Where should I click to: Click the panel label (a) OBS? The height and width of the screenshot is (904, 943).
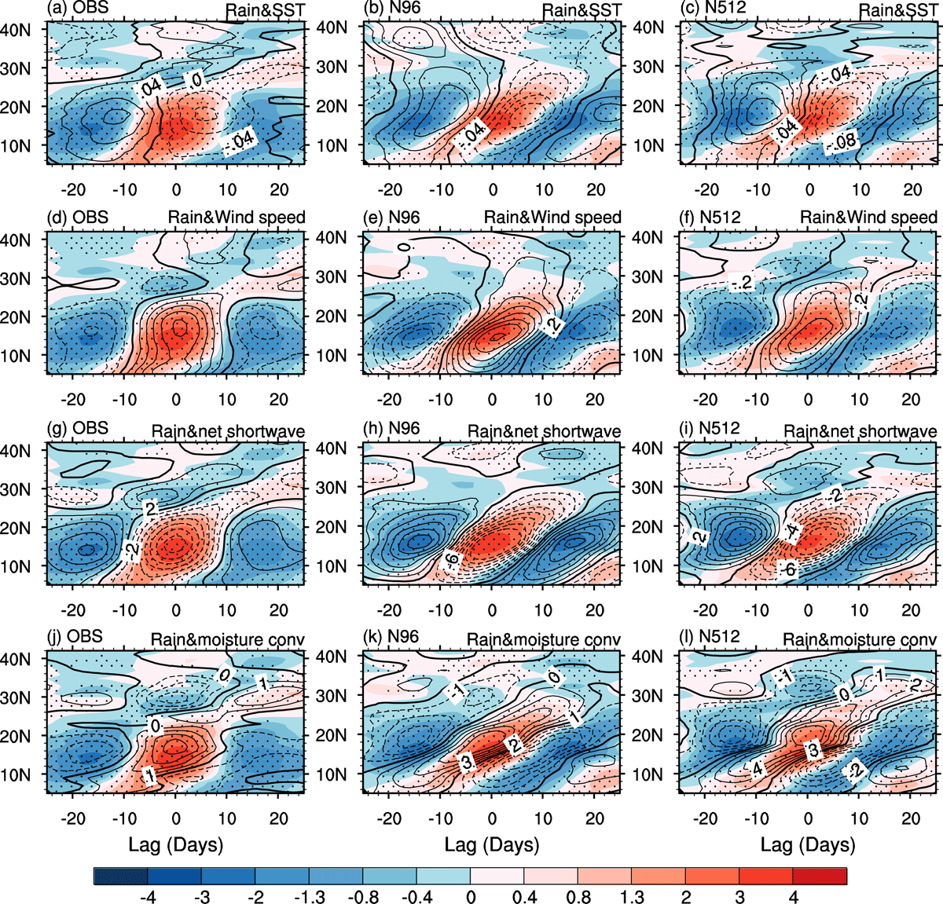click(x=78, y=8)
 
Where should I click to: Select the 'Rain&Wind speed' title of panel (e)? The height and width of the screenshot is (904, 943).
click(x=552, y=218)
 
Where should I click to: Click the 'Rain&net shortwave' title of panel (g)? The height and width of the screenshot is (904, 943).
click(x=228, y=431)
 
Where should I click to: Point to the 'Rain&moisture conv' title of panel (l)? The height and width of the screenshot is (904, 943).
click(x=860, y=639)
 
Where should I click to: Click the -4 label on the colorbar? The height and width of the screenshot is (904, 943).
click(x=148, y=896)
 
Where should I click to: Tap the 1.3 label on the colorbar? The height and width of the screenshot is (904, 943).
click(x=631, y=896)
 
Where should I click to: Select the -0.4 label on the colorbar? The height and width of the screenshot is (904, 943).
click(x=416, y=896)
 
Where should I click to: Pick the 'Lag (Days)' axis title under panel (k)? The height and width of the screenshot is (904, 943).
click(x=492, y=845)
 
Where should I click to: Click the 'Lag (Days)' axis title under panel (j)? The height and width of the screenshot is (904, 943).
click(x=176, y=845)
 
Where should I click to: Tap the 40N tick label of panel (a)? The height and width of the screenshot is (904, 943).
click(x=16, y=30)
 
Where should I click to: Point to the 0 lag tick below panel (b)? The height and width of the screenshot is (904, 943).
click(x=493, y=189)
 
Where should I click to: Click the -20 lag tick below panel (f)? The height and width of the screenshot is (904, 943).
click(x=705, y=400)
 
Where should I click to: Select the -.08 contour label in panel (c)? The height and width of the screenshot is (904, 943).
click(x=842, y=141)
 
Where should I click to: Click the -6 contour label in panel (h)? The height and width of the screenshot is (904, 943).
click(x=450, y=559)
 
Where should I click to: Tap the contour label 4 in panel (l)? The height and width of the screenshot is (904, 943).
click(x=758, y=769)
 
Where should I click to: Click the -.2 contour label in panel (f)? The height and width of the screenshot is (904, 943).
click(x=742, y=282)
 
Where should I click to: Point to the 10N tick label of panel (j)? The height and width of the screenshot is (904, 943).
click(x=16, y=774)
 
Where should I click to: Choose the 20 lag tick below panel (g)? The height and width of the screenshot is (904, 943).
click(x=279, y=610)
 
